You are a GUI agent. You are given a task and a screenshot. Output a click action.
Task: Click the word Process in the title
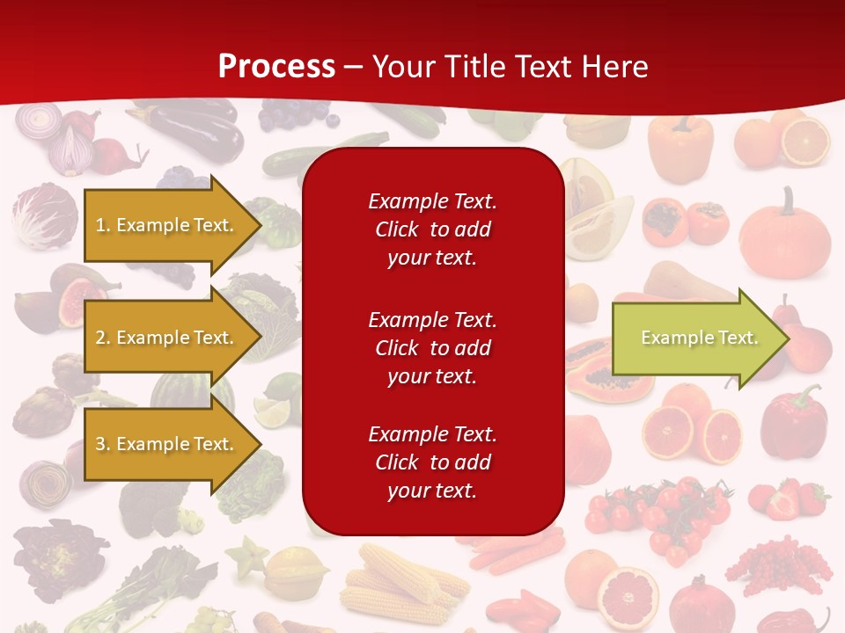coord(276,66)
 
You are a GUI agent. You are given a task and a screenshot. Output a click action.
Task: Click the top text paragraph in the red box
coord(432,229)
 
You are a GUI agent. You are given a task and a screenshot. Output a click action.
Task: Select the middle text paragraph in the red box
coord(432,348)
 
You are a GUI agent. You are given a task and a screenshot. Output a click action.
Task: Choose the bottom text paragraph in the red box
coord(432,462)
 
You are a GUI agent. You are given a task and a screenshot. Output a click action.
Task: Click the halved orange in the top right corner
coord(805,142)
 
